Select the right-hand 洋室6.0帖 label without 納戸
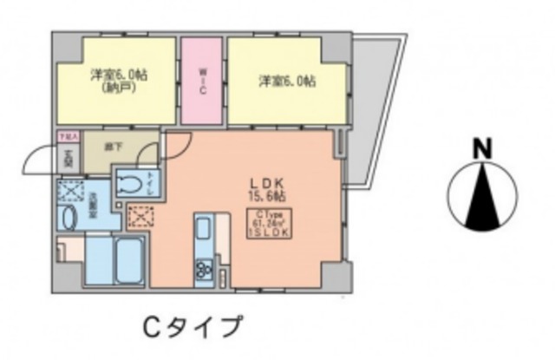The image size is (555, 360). [287, 82]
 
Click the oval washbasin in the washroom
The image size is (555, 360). [69, 216]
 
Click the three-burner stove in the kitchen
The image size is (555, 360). [205, 268]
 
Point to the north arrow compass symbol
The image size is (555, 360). [480, 200]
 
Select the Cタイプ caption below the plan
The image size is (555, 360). [192, 328]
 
